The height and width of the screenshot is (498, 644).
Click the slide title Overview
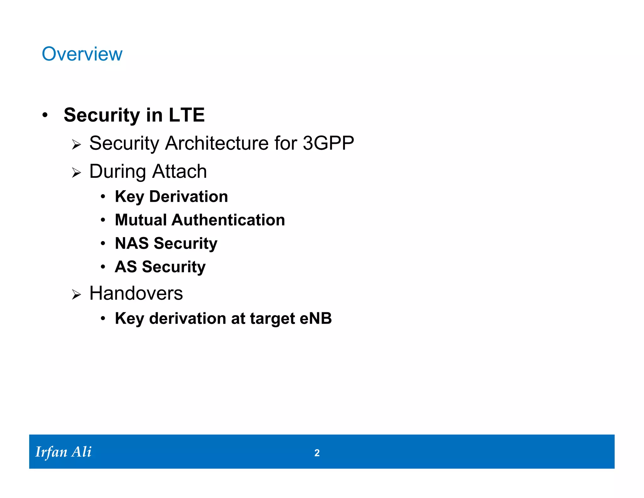point(82,54)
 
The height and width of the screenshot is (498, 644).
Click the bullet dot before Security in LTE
point(45,115)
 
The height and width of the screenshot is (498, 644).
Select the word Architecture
point(217,144)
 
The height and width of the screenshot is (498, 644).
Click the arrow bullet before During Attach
point(76,173)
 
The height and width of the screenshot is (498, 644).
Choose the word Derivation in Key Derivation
point(188,197)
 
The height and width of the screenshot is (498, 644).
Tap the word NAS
point(132,243)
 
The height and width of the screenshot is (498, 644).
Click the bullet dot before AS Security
point(103,267)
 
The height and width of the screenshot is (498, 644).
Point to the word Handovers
point(136,293)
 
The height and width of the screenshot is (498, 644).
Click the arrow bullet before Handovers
point(76,295)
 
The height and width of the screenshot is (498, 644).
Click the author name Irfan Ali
point(63,452)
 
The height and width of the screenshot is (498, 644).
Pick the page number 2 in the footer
point(317,453)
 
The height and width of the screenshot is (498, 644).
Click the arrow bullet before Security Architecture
point(76,145)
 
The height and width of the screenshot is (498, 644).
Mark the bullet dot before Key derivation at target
point(103,319)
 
